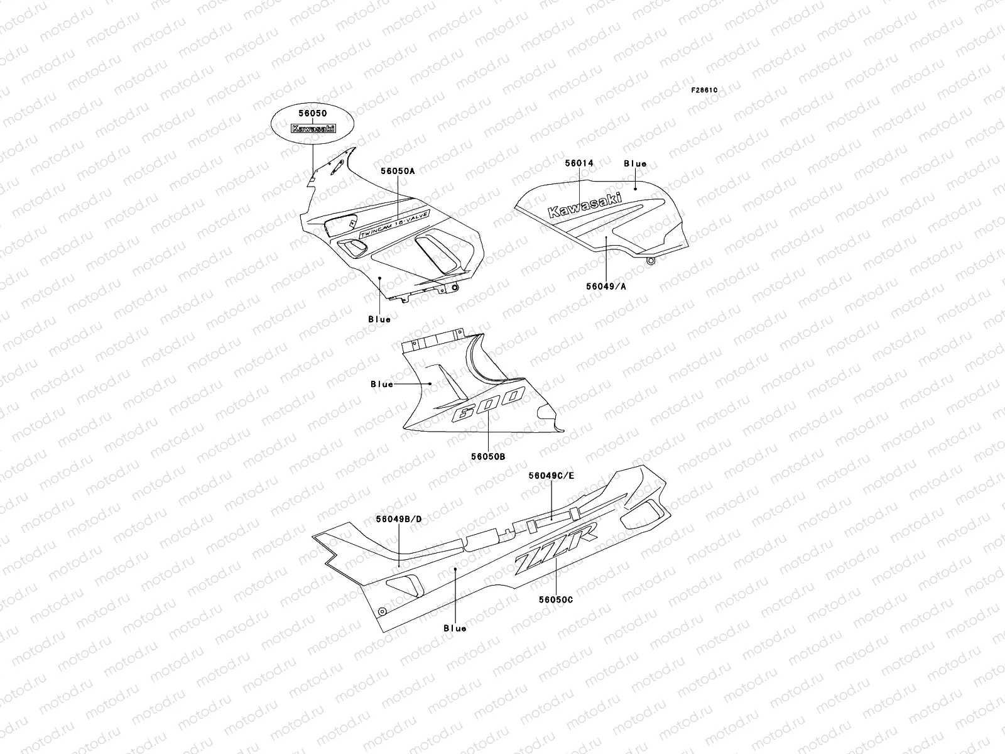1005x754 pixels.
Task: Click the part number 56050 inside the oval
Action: (x=312, y=114)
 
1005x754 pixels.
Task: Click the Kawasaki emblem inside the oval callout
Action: (x=312, y=128)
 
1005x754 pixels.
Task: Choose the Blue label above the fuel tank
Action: (x=635, y=163)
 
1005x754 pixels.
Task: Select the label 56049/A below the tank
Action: (x=607, y=286)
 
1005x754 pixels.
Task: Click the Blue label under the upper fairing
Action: (x=379, y=319)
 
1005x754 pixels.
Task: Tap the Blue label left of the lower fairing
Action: (x=382, y=384)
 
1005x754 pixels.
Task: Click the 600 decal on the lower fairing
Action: (x=487, y=405)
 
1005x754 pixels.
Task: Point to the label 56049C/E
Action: (x=551, y=476)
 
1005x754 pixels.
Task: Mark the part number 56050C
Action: (x=555, y=599)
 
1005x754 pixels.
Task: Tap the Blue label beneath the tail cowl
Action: (x=455, y=628)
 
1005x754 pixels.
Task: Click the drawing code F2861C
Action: (x=704, y=90)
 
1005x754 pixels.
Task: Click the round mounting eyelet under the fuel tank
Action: (x=651, y=260)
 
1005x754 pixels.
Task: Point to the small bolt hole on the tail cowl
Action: (x=381, y=611)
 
